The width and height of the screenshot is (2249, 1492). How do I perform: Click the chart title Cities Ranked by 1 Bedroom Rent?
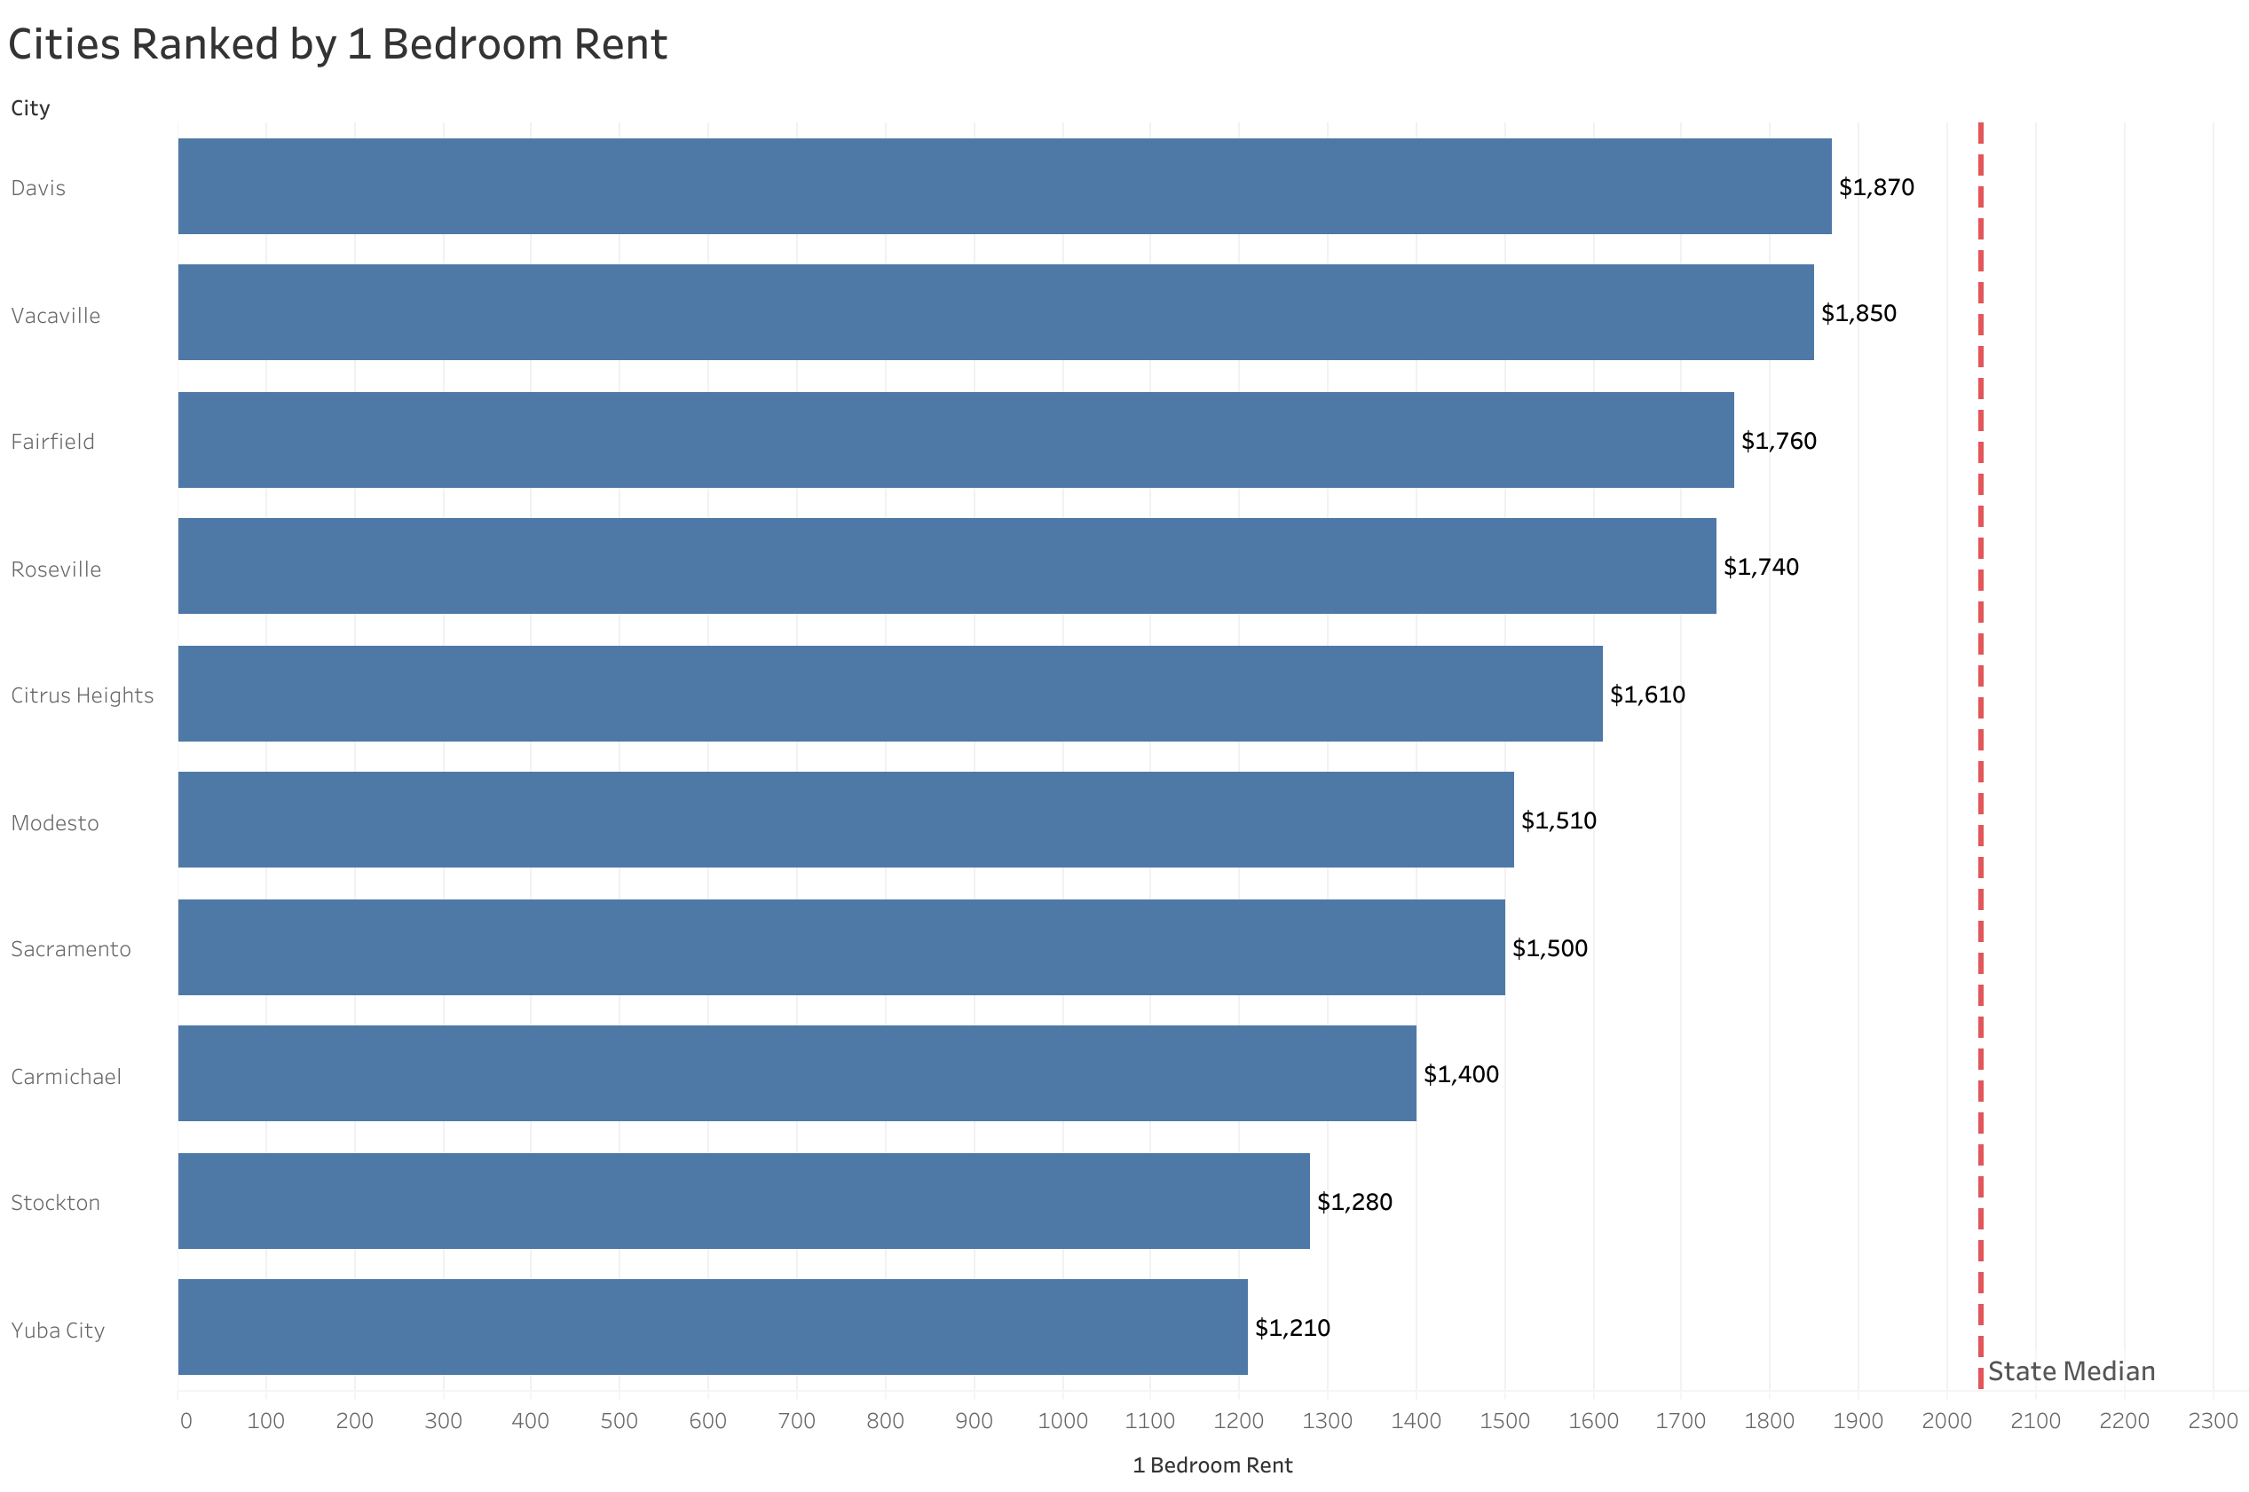(x=337, y=44)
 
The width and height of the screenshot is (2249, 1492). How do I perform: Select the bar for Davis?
(x=1003, y=186)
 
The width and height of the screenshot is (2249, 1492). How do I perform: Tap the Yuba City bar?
(x=712, y=1326)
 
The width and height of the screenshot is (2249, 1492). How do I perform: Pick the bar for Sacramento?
(x=840, y=946)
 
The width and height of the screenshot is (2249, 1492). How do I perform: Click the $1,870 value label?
(x=1875, y=187)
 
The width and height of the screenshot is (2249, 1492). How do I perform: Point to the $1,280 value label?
(x=1353, y=1202)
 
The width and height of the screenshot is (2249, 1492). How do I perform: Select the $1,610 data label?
(x=1646, y=695)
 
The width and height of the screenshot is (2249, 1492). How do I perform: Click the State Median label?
(x=2070, y=1371)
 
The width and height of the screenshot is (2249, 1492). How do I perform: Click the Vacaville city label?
(x=55, y=315)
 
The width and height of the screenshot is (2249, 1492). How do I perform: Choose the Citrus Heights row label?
(x=82, y=695)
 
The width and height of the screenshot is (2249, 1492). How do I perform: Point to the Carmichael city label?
(x=66, y=1076)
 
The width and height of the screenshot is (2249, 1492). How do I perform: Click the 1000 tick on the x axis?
(x=1062, y=1421)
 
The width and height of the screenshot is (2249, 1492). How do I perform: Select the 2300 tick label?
(x=2212, y=1421)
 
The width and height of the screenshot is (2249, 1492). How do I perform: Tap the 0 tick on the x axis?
(x=185, y=1421)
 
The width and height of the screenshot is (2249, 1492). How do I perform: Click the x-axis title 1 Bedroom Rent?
(x=1211, y=1465)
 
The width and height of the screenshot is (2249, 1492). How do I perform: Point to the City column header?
(x=30, y=108)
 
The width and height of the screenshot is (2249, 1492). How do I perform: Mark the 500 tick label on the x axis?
(x=619, y=1421)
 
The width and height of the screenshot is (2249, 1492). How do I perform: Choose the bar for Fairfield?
(x=955, y=440)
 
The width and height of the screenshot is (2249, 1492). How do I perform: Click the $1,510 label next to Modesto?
(x=1558, y=821)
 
